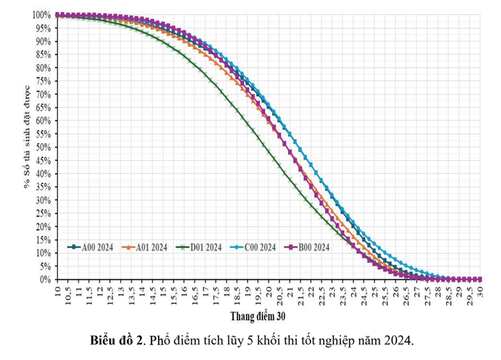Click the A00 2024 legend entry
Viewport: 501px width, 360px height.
[94, 247]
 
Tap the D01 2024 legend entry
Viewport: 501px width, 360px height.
[204, 247]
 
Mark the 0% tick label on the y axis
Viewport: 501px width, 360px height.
[45, 280]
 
